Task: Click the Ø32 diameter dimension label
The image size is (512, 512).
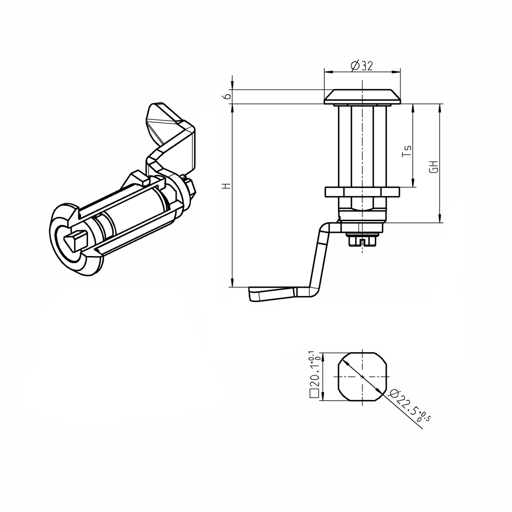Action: (361, 66)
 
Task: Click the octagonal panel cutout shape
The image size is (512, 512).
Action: (362, 376)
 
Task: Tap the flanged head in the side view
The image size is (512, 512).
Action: (362, 97)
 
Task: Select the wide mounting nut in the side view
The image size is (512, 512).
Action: (362, 192)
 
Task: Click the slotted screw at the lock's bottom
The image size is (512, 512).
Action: (362, 239)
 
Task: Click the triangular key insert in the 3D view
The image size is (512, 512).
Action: (76, 240)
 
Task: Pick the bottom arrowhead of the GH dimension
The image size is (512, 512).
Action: (440, 219)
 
